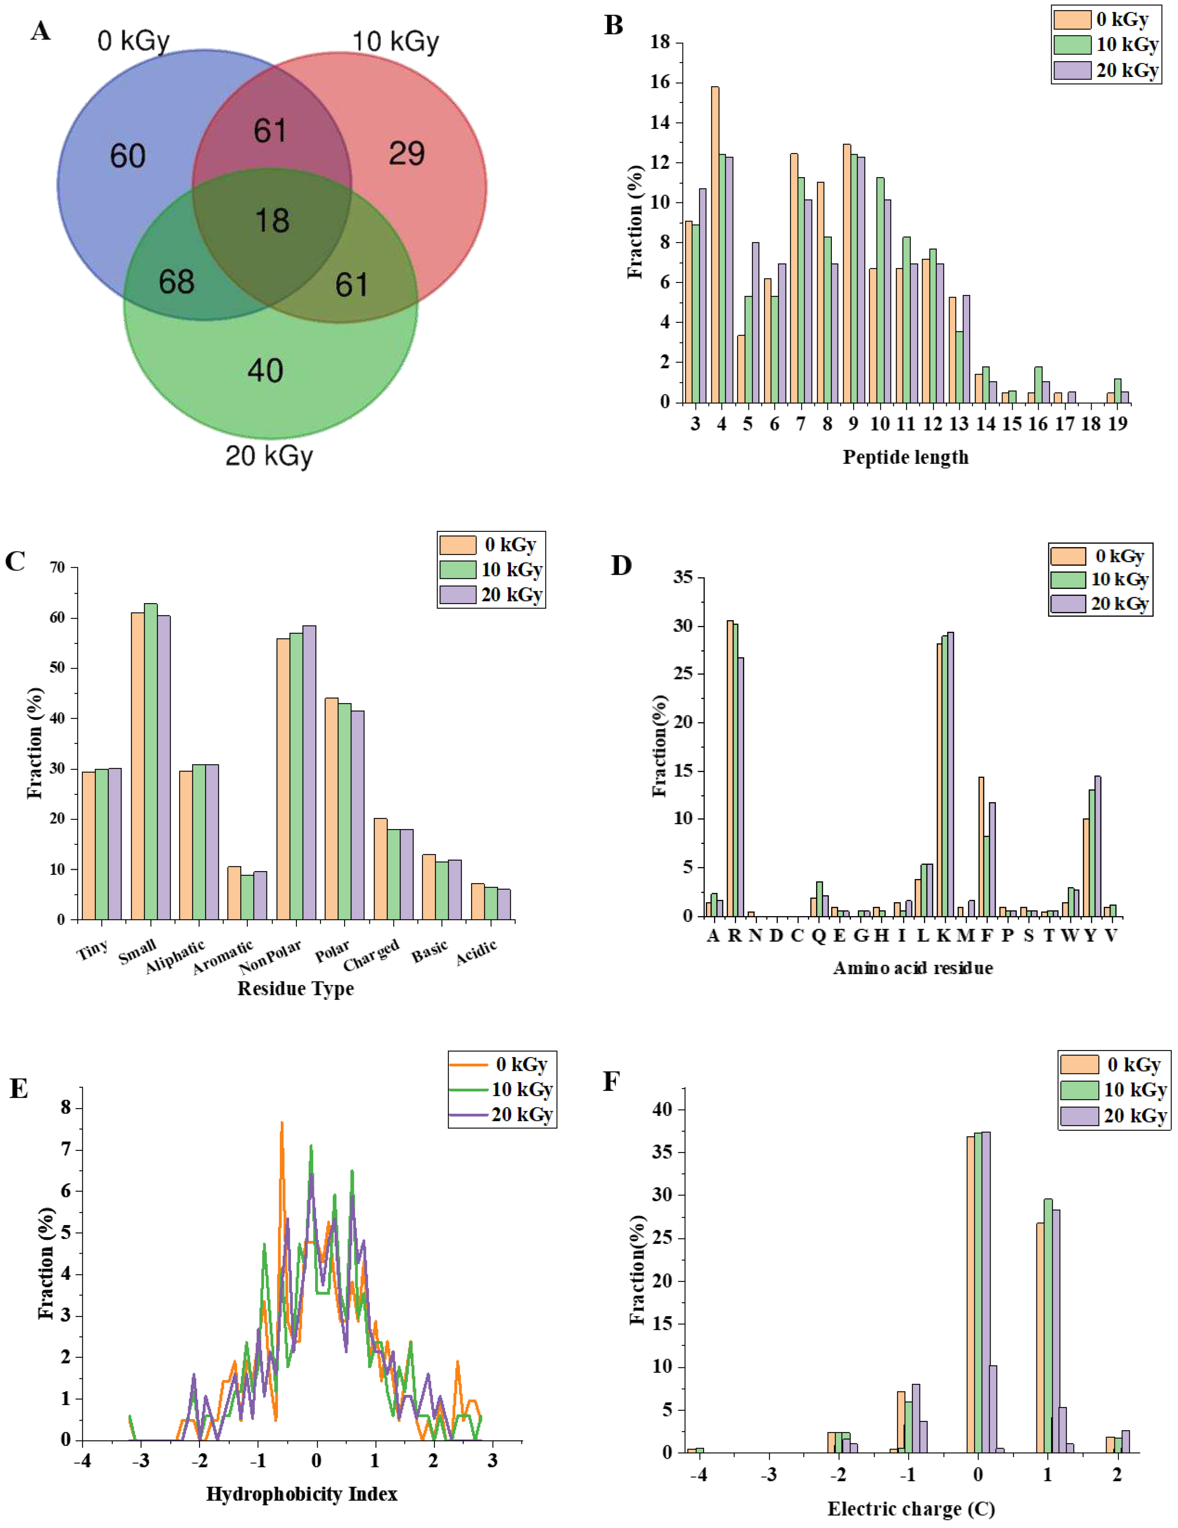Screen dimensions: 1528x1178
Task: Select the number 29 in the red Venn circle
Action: coord(407,154)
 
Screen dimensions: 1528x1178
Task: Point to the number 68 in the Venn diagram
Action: coord(176,282)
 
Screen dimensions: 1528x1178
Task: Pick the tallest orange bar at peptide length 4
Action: coord(715,245)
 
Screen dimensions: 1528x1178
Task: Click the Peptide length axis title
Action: coord(905,457)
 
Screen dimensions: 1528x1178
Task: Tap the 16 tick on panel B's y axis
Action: coord(660,82)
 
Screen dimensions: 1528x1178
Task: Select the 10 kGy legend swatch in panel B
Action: coord(1072,45)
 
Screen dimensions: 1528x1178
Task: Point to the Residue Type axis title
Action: coord(295,989)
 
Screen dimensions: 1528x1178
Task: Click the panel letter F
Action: coord(611,1082)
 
